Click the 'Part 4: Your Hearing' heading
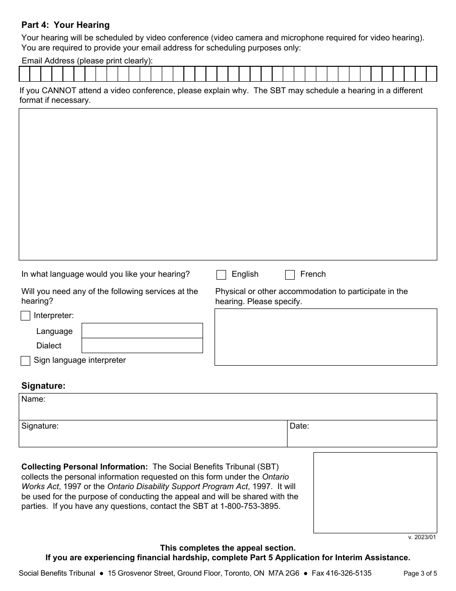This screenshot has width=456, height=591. (x=65, y=25)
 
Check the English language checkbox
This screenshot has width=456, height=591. (x=221, y=275)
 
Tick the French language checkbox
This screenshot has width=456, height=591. (x=290, y=275)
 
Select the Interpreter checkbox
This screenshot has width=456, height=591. (x=25, y=316)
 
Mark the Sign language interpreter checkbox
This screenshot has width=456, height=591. (x=25, y=361)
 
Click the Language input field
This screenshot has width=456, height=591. (x=142, y=331)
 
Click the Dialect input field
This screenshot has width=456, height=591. (x=142, y=345)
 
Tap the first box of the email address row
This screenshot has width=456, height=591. (x=24, y=74)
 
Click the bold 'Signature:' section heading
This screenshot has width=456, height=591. (x=43, y=386)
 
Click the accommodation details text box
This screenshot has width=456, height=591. (x=325, y=337)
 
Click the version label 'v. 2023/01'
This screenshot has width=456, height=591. (x=422, y=537)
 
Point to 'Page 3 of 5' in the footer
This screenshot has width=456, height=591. (x=420, y=573)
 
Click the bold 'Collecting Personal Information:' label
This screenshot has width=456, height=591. (x=84, y=467)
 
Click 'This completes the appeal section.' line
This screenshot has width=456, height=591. (x=228, y=548)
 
